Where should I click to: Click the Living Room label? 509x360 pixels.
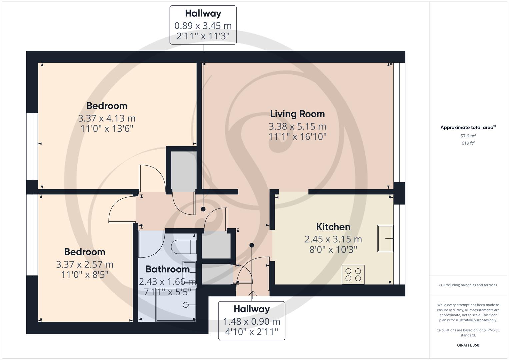[x=297, y=114]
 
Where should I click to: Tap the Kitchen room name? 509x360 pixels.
[x=333, y=227]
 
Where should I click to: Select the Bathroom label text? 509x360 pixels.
[x=167, y=269]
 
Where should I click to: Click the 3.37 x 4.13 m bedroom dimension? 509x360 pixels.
[x=107, y=118]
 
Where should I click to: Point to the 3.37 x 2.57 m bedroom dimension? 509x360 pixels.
[x=85, y=264]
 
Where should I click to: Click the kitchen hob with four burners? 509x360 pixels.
[x=353, y=275]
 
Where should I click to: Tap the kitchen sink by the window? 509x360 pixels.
[x=385, y=238]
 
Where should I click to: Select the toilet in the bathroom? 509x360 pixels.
[x=182, y=247]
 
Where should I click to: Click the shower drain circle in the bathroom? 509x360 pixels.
[x=185, y=305]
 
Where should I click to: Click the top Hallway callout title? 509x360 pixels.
[x=203, y=14]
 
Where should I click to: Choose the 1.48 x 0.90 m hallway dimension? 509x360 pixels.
[x=251, y=322]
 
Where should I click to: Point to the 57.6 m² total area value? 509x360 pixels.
[x=468, y=136]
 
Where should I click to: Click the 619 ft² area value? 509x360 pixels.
[x=468, y=143]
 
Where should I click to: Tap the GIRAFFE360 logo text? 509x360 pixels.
[x=468, y=345]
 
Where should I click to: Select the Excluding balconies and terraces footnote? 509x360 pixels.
[x=468, y=285]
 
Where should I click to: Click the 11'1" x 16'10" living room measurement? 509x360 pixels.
[x=297, y=137]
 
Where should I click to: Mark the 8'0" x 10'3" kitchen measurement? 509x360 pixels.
[x=333, y=249]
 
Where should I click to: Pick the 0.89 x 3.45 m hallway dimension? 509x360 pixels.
[x=203, y=26]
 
